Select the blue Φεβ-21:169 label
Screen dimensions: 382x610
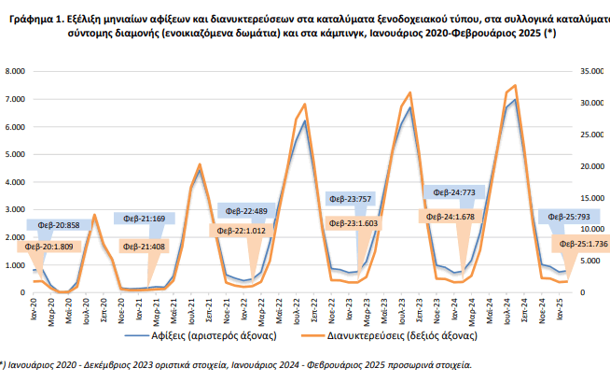[x=141, y=219]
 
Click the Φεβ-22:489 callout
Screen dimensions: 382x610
[x=247, y=211]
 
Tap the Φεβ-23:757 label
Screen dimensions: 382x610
[x=352, y=199]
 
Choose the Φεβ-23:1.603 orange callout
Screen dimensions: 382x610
[x=352, y=224]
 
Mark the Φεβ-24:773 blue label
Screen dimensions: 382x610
[x=456, y=192]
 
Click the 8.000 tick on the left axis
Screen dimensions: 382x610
[x=14, y=71]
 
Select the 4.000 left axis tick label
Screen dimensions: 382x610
[x=14, y=182]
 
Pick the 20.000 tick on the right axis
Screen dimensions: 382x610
[x=592, y=166]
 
